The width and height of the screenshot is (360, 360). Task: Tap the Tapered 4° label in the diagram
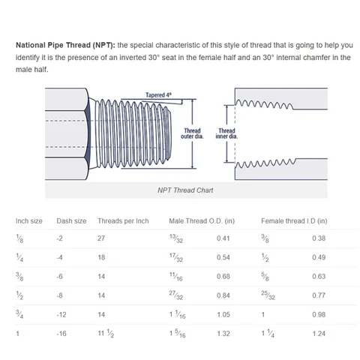click(158, 95)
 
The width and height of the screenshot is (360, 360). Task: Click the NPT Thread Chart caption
click(185, 190)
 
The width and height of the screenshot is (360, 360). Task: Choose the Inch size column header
click(29, 220)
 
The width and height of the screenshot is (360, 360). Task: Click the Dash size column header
click(72, 220)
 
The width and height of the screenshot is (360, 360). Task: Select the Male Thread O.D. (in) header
click(202, 220)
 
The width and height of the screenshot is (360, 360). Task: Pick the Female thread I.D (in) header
click(293, 220)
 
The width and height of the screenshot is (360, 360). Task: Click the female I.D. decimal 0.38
click(319, 238)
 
